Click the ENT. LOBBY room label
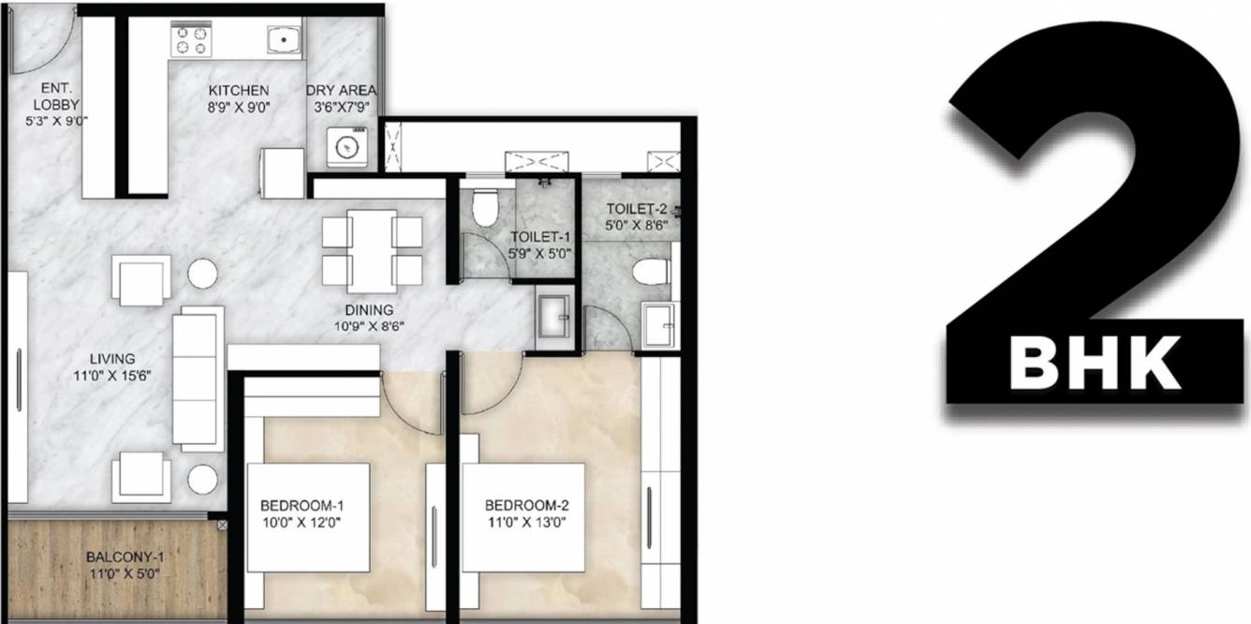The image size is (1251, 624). click(x=56, y=97)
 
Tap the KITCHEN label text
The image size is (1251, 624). click(x=239, y=90)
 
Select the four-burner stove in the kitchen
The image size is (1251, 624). click(x=191, y=40)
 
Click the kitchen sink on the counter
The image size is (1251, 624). click(x=280, y=40)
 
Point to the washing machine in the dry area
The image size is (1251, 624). click(x=346, y=148)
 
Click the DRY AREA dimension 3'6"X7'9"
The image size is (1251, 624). click(x=342, y=107)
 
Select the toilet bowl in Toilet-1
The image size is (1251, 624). click(x=484, y=209)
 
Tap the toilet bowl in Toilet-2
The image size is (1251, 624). click(x=652, y=273)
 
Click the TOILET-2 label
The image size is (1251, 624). click(x=637, y=209)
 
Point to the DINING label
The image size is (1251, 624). click(x=369, y=310)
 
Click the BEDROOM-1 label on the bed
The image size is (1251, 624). click(x=300, y=506)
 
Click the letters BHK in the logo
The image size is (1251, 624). click(x=1094, y=363)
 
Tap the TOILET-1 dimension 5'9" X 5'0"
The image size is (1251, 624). click(x=540, y=253)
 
